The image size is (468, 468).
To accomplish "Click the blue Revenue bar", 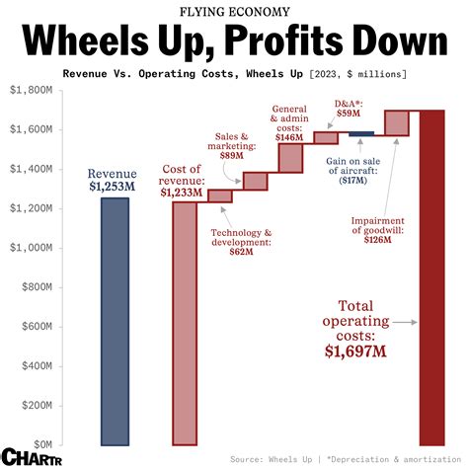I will [x=115, y=321].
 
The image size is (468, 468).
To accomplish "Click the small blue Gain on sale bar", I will [x=361, y=133].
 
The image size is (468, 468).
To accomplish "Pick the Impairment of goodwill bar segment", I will [x=397, y=123].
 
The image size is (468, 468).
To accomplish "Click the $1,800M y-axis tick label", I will [x=33, y=90].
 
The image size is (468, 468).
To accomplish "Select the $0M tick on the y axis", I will [x=41, y=445].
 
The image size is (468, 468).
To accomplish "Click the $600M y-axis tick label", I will [x=38, y=327].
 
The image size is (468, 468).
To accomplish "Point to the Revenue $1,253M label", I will [x=115, y=180].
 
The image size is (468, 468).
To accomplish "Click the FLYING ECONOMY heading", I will [x=234, y=12].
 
